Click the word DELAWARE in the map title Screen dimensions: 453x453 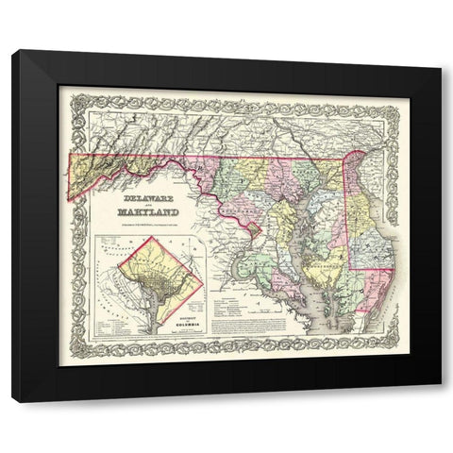pyautogui.click(x=151, y=200)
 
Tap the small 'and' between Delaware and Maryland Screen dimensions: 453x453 pyautogui.click(x=151, y=207)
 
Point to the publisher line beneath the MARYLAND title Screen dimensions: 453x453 pyautogui.click(x=153, y=223)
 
